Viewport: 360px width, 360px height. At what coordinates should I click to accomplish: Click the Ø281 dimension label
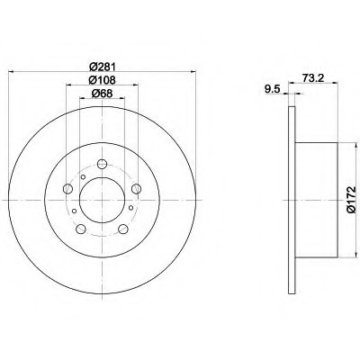(x=103, y=66)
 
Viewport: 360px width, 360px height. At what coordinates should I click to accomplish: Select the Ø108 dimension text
(x=103, y=80)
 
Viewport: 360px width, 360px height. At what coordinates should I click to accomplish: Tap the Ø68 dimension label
(x=102, y=94)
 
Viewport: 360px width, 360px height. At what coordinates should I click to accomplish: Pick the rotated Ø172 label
(x=351, y=200)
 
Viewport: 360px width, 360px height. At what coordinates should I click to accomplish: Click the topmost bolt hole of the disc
(x=103, y=164)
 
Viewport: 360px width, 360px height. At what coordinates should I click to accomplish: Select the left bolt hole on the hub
(x=68, y=189)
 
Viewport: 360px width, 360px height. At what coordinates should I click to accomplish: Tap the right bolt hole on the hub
(x=137, y=189)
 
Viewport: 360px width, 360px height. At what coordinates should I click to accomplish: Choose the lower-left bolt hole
(x=81, y=229)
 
